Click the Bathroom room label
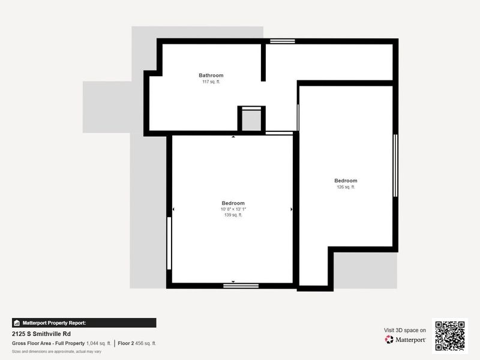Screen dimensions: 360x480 click(211, 76)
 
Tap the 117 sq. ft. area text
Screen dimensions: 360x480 click(211, 82)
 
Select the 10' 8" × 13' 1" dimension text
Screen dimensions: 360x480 click(233, 209)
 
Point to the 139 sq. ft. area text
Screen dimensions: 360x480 click(233, 215)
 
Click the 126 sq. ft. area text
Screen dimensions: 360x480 click(346, 187)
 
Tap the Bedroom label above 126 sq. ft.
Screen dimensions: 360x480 click(346, 181)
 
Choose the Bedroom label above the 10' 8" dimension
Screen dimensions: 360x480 click(233, 203)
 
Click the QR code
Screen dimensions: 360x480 click(449, 335)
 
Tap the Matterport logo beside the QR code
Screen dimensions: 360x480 click(406, 340)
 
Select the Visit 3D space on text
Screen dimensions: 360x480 click(405, 330)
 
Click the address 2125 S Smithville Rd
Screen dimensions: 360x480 click(41, 333)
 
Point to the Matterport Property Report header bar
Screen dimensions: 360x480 click(84, 323)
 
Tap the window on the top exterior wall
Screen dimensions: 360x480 click(282, 41)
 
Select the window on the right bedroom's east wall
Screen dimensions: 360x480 click(395, 165)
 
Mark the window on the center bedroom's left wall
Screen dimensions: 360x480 click(170, 243)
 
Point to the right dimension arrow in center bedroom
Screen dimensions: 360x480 click(291, 209)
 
